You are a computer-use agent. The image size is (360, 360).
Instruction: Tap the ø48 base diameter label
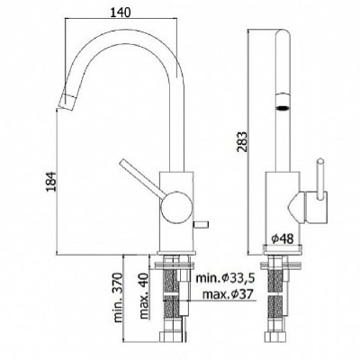point(281,239)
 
